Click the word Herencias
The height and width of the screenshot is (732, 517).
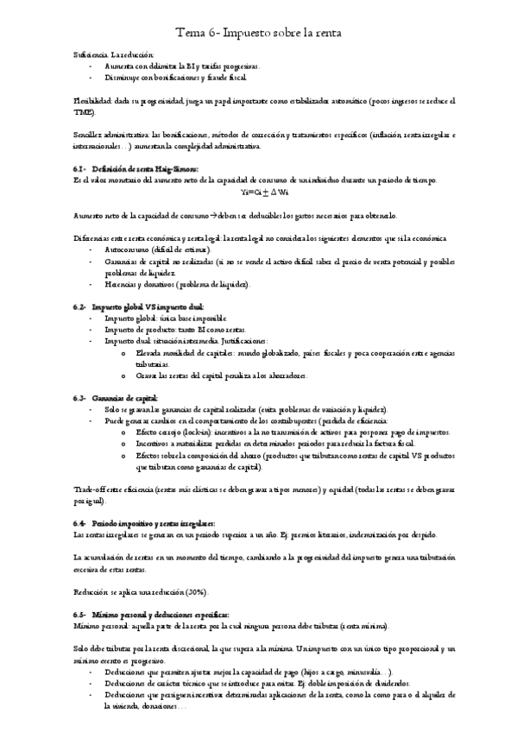[x=122, y=284]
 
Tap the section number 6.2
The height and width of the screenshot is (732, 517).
[x=80, y=306]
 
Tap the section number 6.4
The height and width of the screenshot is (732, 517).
[x=80, y=523]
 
